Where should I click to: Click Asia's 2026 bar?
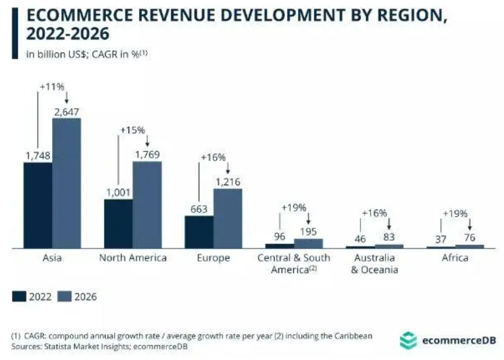coord(67,183)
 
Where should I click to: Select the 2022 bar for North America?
coord(118,224)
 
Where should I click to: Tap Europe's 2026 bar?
coord(228,218)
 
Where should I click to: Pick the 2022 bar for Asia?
coord(37,205)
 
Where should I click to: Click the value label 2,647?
coord(67,111)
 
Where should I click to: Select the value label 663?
coord(199,210)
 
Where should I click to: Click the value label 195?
coord(308,232)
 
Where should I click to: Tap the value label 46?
coord(360,239)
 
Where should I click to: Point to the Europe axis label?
coord(213,258)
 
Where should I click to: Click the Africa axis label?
coord(455,258)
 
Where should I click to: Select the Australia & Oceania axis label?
coord(374,264)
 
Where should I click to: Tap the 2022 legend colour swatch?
coord(19,297)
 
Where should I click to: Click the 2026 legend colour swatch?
coord(63,297)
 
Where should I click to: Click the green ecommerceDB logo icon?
coord(408,341)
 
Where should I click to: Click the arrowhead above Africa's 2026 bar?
coord(470,227)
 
